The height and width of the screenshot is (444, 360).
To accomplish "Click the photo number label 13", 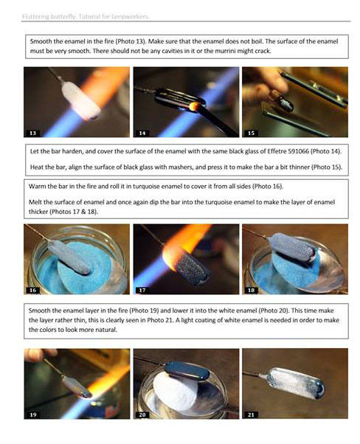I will tap(32, 133).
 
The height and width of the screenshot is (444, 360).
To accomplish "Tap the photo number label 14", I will tap(141, 133).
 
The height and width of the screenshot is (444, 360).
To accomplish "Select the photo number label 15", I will tap(250, 133).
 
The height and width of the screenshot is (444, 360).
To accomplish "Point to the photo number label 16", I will tap(32, 291).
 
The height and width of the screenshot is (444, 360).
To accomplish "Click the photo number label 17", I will tap(141, 291).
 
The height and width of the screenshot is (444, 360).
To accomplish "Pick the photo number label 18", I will tap(250, 291).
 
